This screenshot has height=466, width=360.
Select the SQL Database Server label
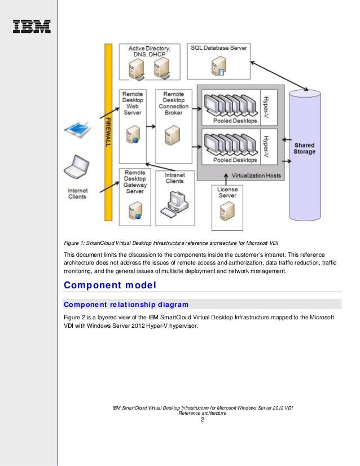pos(218,49)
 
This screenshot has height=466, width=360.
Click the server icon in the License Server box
pos(227,213)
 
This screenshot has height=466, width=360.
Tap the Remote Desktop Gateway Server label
pos(134,182)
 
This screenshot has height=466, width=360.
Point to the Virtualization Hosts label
pos(253,175)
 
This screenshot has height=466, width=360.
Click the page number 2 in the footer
pos(202,420)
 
